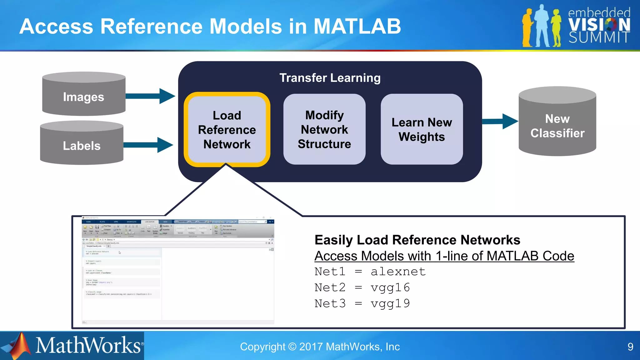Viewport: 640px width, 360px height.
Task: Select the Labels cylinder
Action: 82,145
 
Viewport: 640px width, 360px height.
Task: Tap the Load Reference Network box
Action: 227,129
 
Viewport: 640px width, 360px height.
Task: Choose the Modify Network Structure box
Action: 324,129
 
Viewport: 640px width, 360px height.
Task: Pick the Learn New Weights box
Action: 422,129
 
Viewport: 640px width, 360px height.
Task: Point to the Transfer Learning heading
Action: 330,78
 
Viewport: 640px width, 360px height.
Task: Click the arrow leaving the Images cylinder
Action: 150,96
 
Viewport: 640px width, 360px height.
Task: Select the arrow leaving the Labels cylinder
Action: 148,145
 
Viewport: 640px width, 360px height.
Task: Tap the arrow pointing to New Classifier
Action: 500,121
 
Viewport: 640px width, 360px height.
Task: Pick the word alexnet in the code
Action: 398,272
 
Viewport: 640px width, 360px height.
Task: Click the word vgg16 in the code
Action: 390,287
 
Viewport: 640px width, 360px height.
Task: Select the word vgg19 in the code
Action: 390,303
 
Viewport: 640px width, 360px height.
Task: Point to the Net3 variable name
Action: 330,303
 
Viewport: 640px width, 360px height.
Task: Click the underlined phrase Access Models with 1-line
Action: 391,256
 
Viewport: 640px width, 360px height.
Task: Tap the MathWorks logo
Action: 72,346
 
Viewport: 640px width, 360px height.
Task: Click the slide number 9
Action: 630,347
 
